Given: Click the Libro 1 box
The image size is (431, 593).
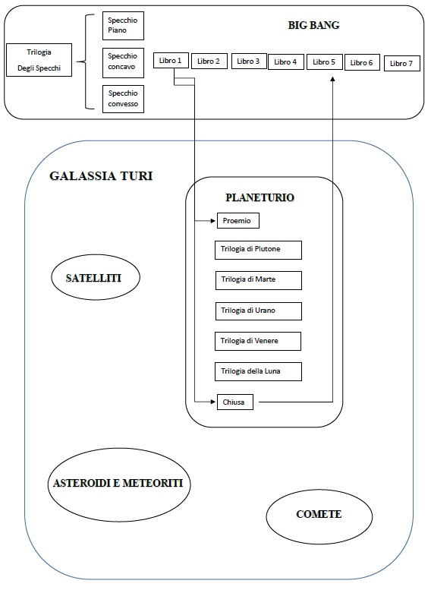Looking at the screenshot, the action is (171, 61).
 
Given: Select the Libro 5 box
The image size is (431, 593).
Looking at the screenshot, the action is (324, 62).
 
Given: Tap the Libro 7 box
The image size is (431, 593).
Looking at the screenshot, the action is (402, 63).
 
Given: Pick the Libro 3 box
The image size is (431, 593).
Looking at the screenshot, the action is (248, 61).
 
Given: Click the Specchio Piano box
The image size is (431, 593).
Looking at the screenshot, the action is (123, 26).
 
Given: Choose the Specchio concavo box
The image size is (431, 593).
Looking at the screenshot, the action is (123, 62).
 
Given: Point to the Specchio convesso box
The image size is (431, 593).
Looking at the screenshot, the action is (123, 99).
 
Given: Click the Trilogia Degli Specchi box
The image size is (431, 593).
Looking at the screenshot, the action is (39, 60).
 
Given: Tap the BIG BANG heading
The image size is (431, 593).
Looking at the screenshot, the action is (313, 25).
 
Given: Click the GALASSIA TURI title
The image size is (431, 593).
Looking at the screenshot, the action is (101, 176).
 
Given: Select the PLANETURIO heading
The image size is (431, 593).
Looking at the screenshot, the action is (260, 197).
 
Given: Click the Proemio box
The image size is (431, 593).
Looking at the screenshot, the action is (238, 220).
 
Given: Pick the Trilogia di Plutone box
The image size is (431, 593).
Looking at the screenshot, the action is (258, 250).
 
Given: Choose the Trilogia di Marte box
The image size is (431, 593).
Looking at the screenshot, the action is (259, 280).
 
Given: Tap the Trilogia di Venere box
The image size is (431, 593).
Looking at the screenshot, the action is (258, 341).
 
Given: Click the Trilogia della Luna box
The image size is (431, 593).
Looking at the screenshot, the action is (258, 371).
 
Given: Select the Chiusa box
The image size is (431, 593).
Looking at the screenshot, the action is (235, 402).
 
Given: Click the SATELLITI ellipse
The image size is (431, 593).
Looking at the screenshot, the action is (96, 277).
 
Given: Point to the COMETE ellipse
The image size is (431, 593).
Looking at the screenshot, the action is (319, 516).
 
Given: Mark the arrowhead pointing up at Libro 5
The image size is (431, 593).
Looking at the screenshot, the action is (332, 78).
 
